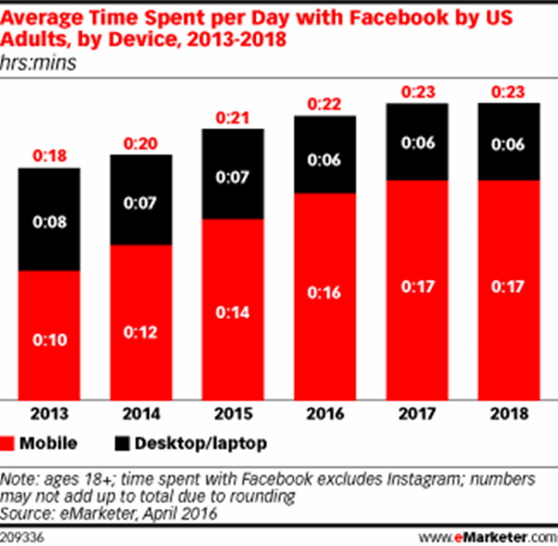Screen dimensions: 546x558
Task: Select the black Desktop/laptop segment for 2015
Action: point(232,174)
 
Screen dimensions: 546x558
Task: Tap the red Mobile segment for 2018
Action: point(507,288)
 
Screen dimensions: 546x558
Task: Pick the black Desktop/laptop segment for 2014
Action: point(140,200)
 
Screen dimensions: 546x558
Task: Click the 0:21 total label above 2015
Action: point(232,118)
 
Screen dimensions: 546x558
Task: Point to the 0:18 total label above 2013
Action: point(49,157)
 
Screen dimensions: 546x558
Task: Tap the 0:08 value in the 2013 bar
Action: point(49,221)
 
